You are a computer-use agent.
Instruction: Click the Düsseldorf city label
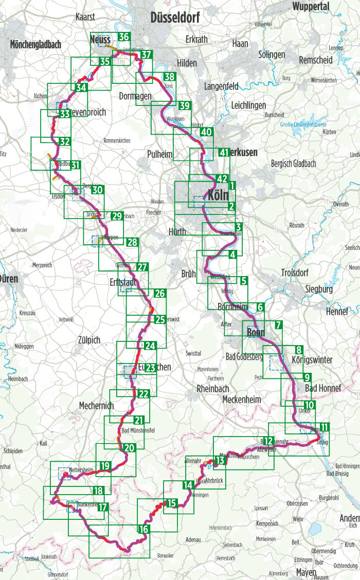[176, 18]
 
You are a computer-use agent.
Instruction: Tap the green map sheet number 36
[123, 37]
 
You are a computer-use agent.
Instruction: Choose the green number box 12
[268, 441]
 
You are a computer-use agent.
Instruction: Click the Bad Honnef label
[322, 388]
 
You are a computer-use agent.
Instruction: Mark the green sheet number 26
[159, 294]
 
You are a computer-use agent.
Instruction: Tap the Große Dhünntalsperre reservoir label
[303, 124]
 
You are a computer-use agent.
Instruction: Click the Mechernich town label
[96, 406]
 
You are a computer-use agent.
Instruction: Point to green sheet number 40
[206, 132]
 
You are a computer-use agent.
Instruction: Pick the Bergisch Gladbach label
[293, 164]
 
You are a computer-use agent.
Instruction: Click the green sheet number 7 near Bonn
[277, 325]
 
